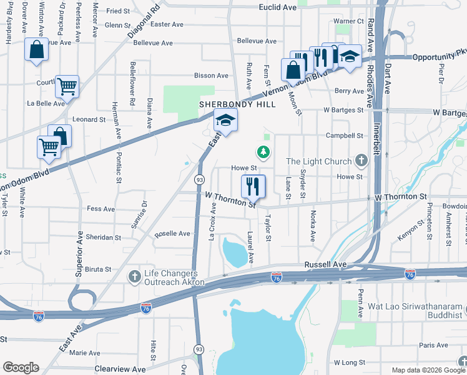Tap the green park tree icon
coord(264,152)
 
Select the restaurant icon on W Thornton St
coord(253,185)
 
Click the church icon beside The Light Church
coord(360,161)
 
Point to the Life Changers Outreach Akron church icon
coord(134,276)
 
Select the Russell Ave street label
coord(325,264)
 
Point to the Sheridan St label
coord(104,237)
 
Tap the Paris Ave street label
coord(434,345)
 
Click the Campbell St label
coord(345,135)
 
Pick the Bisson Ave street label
coord(212,76)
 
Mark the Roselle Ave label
coord(172,234)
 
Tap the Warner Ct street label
coord(348,21)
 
